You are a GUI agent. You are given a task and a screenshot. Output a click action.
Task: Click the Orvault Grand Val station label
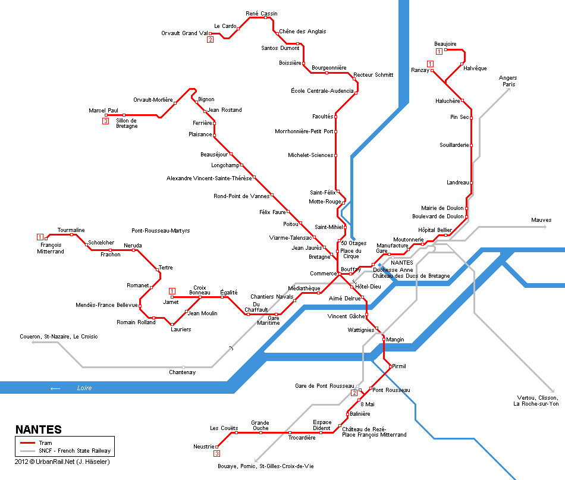(x=184, y=33)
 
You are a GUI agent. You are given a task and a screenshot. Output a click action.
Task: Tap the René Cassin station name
(x=262, y=13)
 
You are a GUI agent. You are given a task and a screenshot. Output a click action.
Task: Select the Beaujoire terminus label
(x=445, y=44)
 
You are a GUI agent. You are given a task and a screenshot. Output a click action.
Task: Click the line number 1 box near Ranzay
(x=430, y=64)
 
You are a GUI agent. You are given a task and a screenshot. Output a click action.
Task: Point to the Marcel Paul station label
(x=103, y=111)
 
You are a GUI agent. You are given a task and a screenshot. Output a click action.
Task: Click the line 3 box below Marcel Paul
(x=105, y=121)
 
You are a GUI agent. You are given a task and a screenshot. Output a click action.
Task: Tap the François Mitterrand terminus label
(x=51, y=248)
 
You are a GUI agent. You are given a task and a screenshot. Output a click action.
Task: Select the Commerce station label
(x=323, y=274)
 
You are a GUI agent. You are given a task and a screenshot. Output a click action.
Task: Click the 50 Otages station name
(x=353, y=243)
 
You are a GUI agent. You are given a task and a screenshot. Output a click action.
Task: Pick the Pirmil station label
(x=399, y=366)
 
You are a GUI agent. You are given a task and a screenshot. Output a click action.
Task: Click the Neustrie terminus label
(x=204, y=447)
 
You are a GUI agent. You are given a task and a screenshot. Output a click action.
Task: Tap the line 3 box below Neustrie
(x=216, y=454)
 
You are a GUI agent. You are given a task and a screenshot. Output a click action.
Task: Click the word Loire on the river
(x=84, y=388)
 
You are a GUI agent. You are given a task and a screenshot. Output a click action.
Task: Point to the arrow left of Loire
(x=55, y=388)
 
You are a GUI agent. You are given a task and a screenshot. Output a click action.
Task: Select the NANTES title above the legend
(x=38, y=429)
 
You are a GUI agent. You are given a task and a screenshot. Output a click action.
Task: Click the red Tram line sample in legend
(x=27, y=443)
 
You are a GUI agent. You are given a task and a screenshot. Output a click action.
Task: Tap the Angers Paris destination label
(x=508, y=81)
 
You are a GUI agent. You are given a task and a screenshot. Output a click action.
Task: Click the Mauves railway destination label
(x=541, y=220)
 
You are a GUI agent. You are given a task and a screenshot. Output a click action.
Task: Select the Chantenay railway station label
(x=182, y=372)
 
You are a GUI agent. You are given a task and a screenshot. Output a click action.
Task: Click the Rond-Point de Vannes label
(x=241, y=196)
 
